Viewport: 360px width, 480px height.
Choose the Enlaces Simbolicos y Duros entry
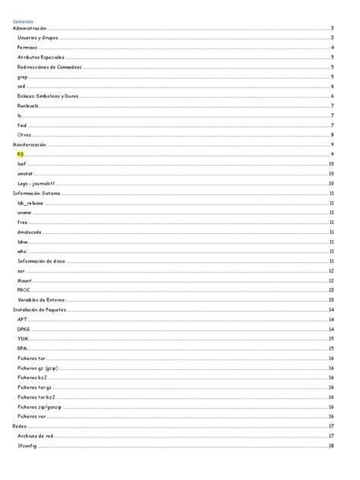pos(48,96)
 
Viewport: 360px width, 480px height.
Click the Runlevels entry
pos(28,106)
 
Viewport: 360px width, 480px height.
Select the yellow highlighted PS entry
pos(21,154)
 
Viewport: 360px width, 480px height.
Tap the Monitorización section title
pos(30,144)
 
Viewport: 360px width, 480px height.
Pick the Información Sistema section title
pos(36,193)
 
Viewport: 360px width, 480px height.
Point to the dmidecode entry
pos(29,232)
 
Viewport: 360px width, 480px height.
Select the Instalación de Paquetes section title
pos(40,310)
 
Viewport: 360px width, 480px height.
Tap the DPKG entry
pos(24,329)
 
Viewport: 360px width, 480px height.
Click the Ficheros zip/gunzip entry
pos(39,406)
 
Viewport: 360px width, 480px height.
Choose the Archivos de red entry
pos(36,436)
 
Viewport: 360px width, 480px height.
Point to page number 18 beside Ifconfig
pos(332,446)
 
